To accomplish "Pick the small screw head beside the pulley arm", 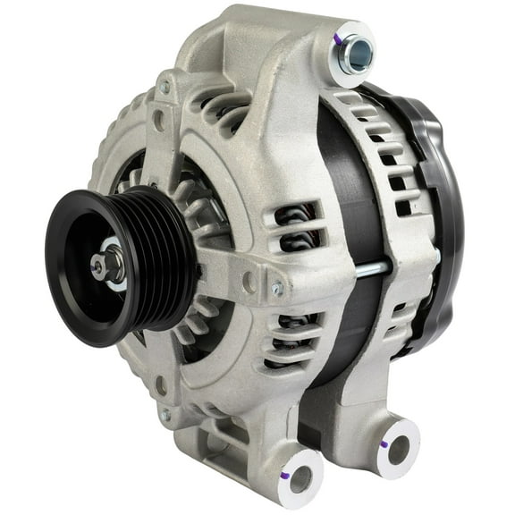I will tap(277, 289).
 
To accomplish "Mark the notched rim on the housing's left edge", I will tap(100, 170).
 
